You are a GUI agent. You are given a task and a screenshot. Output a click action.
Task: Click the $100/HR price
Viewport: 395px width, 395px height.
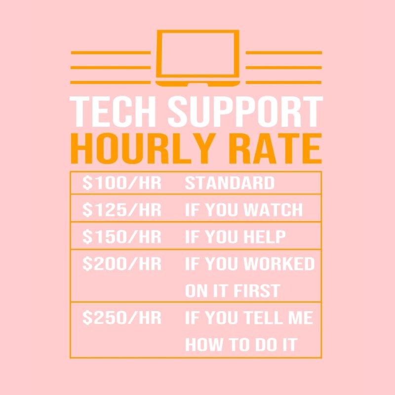tap(121, 183)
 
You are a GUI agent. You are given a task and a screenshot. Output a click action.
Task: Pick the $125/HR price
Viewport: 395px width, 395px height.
tap(121, 210)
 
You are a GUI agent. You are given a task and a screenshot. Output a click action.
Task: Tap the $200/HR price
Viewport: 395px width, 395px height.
tap(121, 264)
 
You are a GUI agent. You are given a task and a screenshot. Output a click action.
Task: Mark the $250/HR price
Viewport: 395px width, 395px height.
tap(121, 318)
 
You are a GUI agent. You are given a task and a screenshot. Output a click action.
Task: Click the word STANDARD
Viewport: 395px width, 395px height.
tap(230, 183)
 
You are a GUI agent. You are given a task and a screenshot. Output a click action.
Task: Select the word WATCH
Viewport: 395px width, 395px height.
tap(274, 210)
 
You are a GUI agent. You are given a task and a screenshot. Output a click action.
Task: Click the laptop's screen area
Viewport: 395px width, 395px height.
tap(197, 52)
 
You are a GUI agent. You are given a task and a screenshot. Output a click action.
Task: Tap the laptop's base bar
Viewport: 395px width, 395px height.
tap(197, 81)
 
